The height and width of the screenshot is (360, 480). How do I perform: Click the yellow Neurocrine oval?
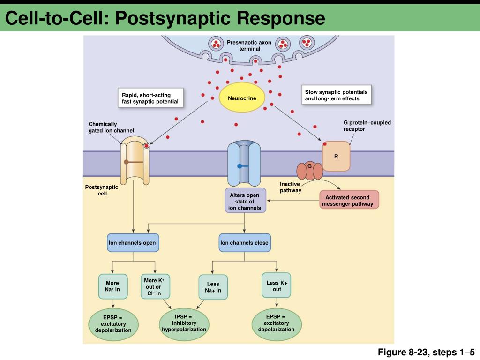click(242, 98)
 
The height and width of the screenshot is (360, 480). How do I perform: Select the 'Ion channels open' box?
click(133, 243)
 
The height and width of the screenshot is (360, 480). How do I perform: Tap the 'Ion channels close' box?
click(245, 243)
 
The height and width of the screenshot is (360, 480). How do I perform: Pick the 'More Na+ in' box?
click(113, 286)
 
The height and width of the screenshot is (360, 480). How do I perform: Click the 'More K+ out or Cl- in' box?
click(155, 286)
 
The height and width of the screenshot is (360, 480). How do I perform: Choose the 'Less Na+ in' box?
click(213, 287)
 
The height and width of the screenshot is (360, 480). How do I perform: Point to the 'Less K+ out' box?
click(277, 285)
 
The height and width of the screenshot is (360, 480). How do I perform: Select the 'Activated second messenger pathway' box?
click(349, 200)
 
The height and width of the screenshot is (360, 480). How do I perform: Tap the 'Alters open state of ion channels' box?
click(245, 201)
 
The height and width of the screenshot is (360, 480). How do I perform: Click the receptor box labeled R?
click(336, 157)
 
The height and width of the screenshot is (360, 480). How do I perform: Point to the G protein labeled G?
click(310, 171)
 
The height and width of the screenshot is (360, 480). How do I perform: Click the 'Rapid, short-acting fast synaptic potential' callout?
click(150, 98)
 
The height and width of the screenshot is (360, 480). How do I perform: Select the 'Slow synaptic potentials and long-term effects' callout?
click(337, 95)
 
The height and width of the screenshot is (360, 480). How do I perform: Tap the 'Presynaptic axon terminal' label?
click(249, 45)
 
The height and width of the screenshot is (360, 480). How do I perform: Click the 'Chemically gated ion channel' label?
click(112, 127)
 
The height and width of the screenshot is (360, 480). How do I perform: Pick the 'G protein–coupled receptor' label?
click(367, 126)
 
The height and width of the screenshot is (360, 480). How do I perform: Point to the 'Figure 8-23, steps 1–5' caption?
click(426, 352)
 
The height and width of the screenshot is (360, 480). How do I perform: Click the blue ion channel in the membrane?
click(244, 164)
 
